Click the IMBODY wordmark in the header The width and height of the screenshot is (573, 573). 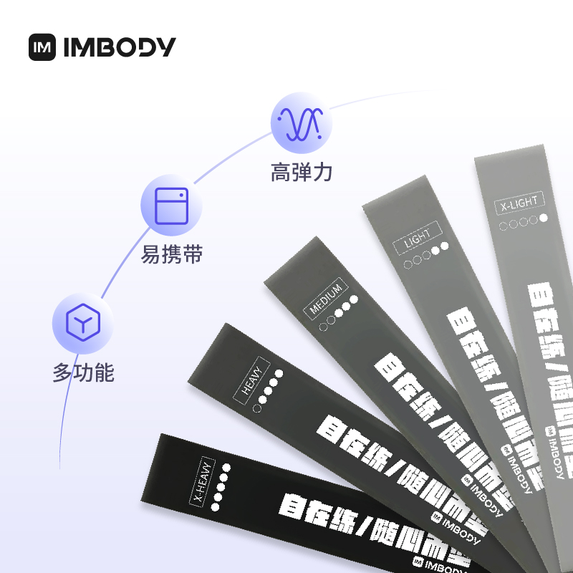(x=119, y=47)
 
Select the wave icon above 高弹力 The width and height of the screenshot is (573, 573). (x=301, y=122)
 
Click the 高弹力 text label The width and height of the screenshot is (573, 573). (x=301, y=173)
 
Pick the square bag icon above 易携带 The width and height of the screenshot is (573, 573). (x=171, y=204)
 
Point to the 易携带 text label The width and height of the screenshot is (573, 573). (x=172, y=254)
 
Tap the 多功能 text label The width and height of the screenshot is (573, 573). (x=83, y=373)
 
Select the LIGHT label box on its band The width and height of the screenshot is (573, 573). (x=418, y=239)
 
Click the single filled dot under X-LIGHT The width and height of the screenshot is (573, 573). (x=544, y=218)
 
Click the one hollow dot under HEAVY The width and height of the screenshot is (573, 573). (x=256, y=408)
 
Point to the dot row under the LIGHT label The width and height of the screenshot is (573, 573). (x=427, y=254)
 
